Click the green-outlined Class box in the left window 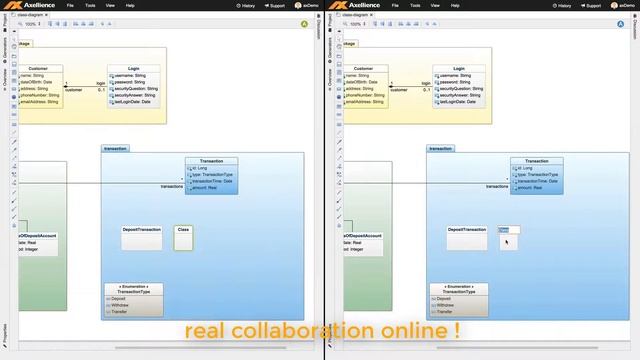[183, 236]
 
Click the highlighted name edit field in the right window [509, 230]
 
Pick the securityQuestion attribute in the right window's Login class [461, 88]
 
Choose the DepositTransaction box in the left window [142, 230]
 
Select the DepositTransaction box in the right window [467, 230]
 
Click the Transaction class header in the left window [211, 160]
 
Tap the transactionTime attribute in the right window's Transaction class [537, 180]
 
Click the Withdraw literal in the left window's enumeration [120, 305]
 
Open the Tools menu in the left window [91, 5]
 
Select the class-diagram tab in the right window [354, 15]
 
